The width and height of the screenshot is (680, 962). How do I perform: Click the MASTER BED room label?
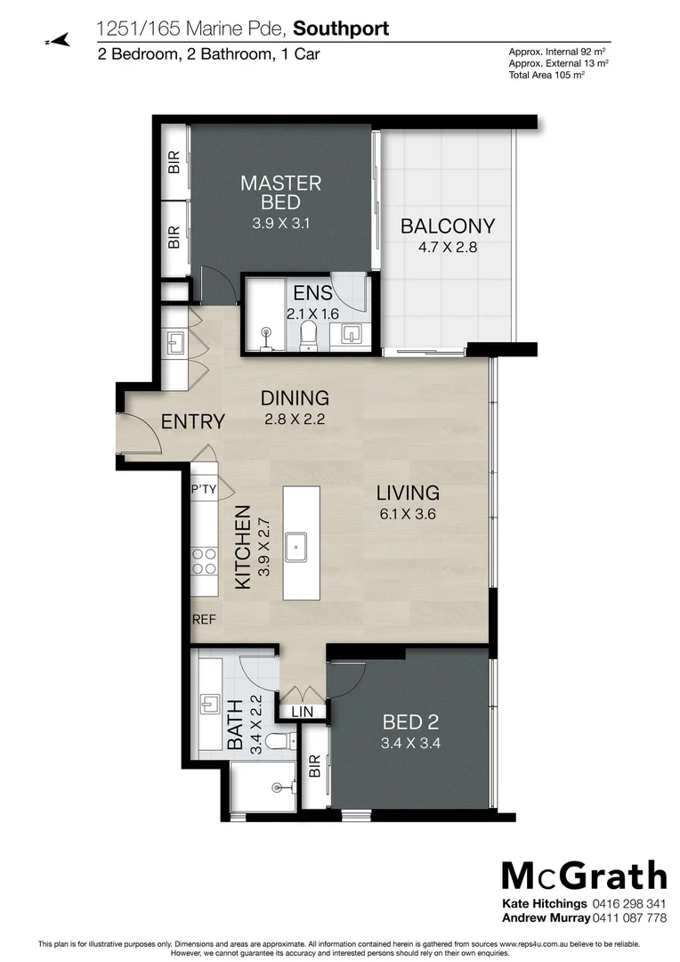281,192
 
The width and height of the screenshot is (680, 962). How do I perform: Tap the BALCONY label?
448,225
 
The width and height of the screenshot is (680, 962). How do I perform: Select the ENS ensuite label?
310,293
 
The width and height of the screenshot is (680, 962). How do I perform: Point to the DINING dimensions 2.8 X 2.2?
294,418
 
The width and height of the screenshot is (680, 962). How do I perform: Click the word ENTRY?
192,421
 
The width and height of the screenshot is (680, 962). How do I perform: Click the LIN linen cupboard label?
302,711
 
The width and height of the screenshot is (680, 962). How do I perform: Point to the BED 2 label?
410,721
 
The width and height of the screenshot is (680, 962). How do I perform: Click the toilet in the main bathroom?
279,741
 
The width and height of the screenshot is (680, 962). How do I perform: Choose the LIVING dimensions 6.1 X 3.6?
408,513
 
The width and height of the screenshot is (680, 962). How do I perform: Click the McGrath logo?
584,876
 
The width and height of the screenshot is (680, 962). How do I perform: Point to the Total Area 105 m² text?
546,76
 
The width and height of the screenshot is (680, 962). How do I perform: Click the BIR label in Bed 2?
314,767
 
